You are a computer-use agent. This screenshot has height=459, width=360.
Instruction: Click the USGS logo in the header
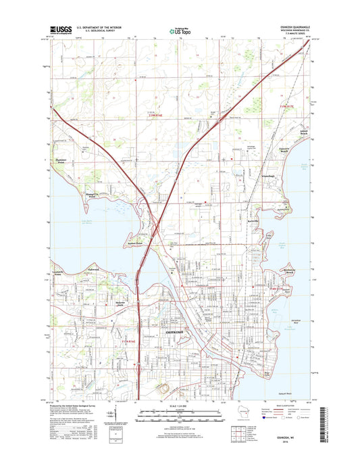pyautogui.click(x=59, y=30)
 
